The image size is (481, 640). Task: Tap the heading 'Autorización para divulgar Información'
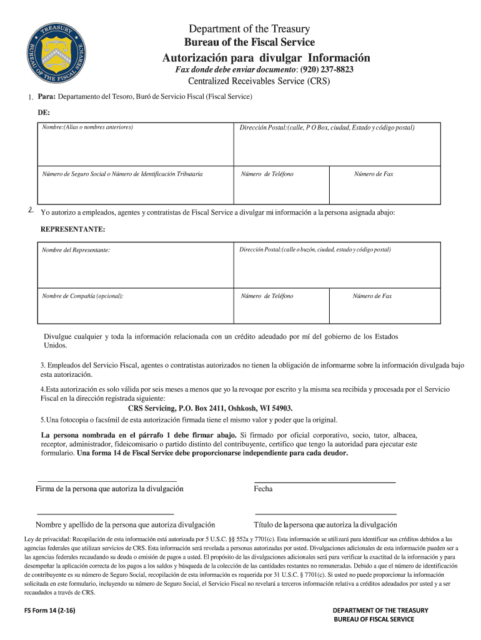coord(266,58)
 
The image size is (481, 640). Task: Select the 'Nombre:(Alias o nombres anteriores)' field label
coord(87,127)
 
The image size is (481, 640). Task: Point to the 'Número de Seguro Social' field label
coord(122,174)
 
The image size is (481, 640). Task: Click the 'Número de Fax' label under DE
coord(374,174)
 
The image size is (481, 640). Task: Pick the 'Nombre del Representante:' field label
coord(76,250)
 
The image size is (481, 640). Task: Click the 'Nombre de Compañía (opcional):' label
coord(82,296)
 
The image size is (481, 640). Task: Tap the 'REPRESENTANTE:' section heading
coord(73,229)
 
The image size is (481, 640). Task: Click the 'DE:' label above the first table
coord(44,113)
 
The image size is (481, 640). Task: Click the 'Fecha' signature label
coord(263,489)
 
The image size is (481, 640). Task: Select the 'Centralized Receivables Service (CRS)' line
coord(259,82)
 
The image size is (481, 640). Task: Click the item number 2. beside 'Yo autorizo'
coord(31,209)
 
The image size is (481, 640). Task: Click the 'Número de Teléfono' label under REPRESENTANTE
coord(267,296)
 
